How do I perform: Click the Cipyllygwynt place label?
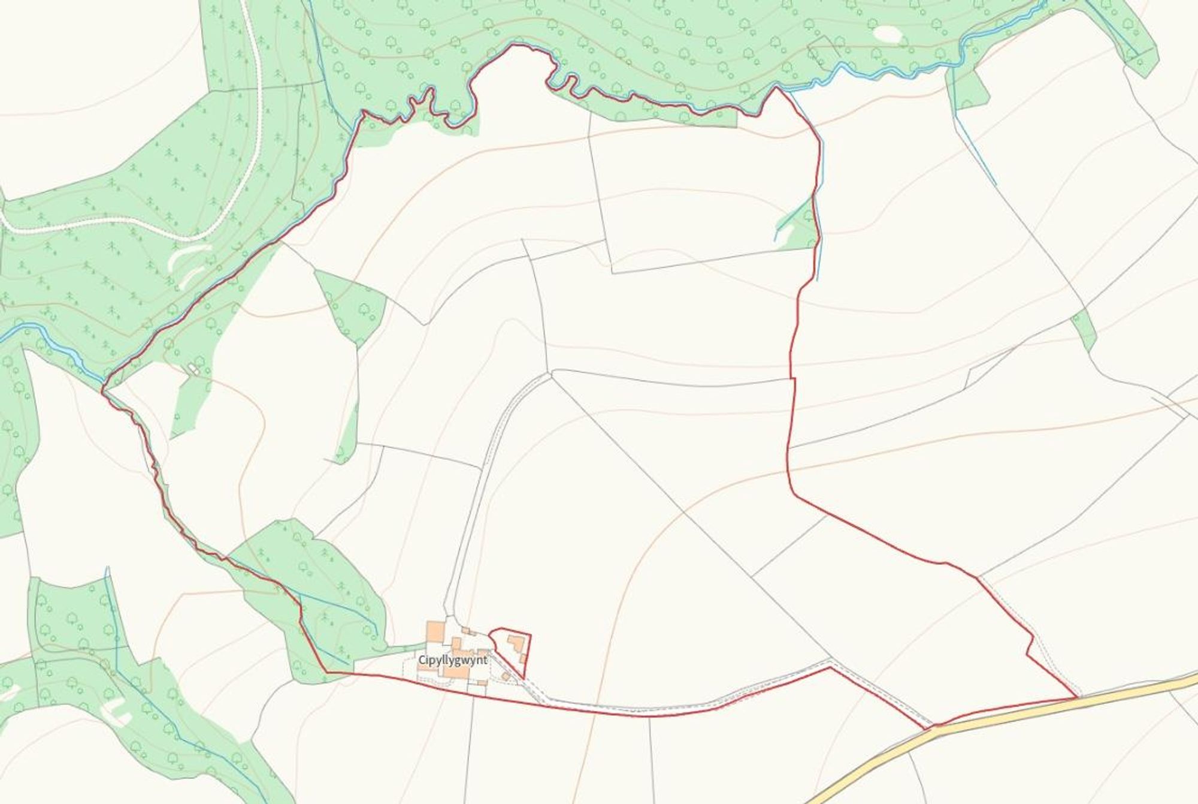coord(453,660)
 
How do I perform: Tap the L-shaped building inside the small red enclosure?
coord(516,645)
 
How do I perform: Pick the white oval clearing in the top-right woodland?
coord(887,34)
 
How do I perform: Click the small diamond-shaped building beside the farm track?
coord(506,676)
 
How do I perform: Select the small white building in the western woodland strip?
coord(193,368)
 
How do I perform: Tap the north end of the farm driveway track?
coord(550,375)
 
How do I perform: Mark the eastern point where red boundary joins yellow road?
coord(1077,698)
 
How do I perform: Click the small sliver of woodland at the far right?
coord(1084,330)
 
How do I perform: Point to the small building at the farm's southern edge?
coord(481,683)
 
